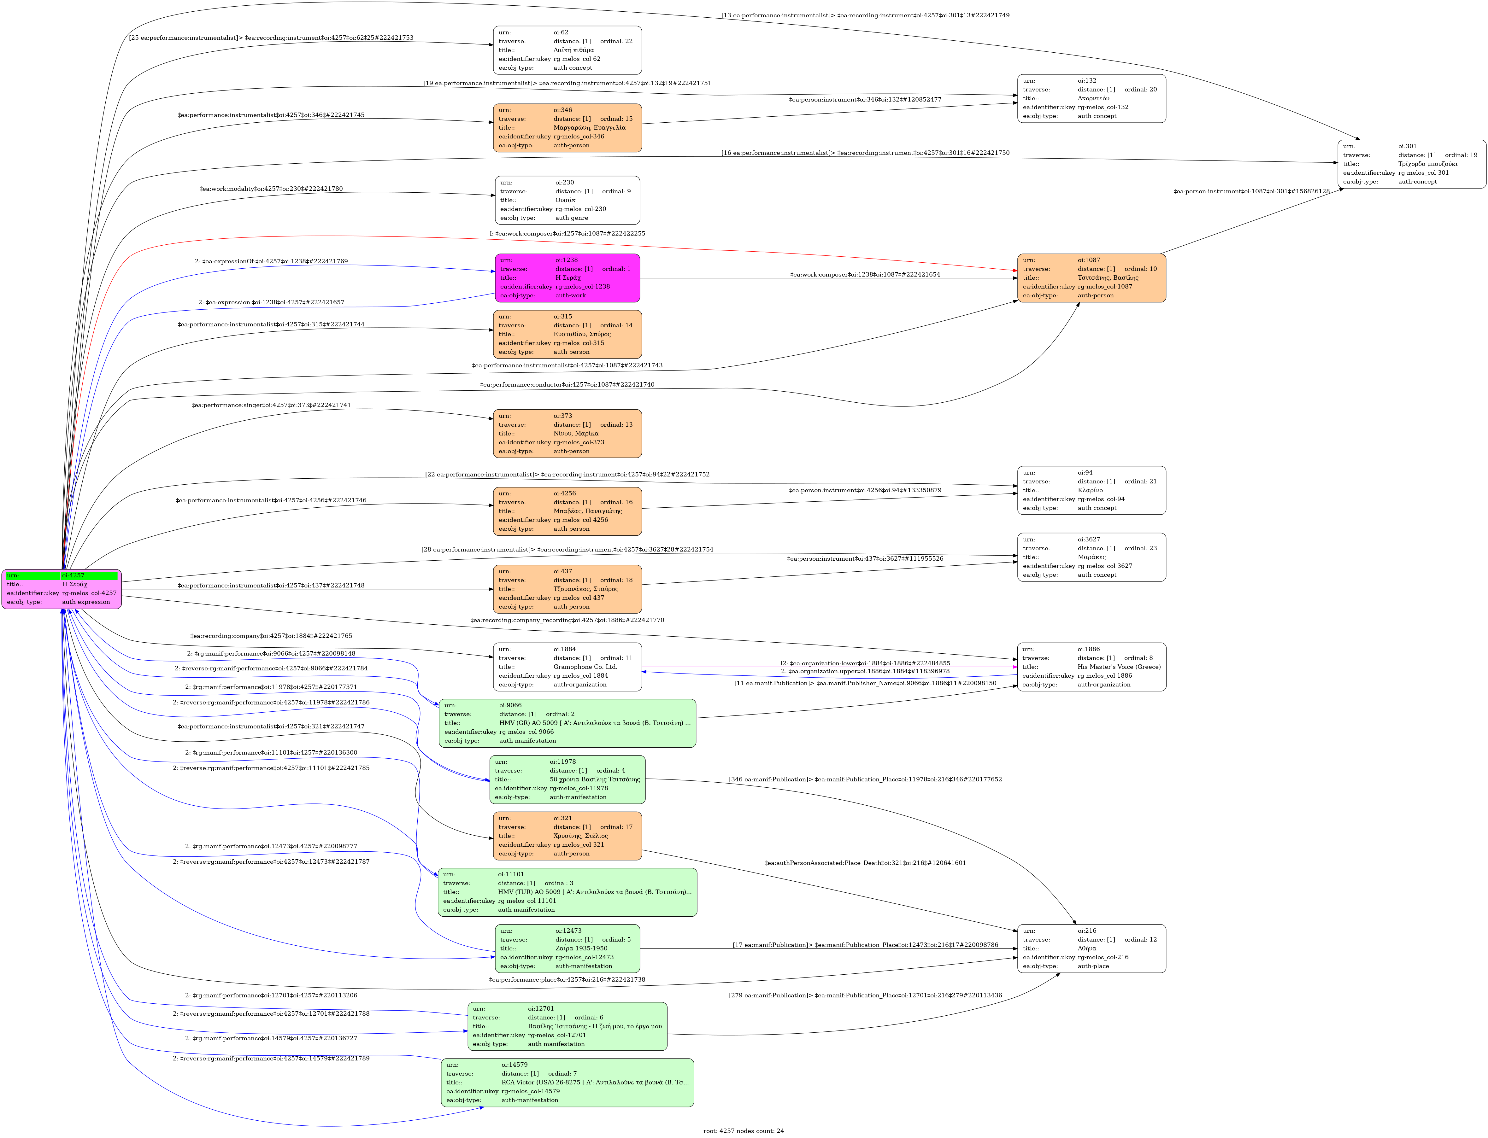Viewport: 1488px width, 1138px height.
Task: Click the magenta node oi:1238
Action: point(567,278)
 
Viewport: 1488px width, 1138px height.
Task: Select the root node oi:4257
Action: point(62,589)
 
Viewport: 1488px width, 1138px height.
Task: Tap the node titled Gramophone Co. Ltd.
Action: point(567,667)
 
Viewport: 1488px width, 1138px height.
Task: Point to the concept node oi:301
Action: point(1411,164)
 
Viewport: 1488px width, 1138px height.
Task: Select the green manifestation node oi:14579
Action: point(567,1083)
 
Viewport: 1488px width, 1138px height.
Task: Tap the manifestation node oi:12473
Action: point(567,948)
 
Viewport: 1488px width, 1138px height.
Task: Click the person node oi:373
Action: point(567,434)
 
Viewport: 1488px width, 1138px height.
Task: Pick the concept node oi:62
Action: point(567,50)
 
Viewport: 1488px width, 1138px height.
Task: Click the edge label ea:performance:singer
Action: point(271,405)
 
